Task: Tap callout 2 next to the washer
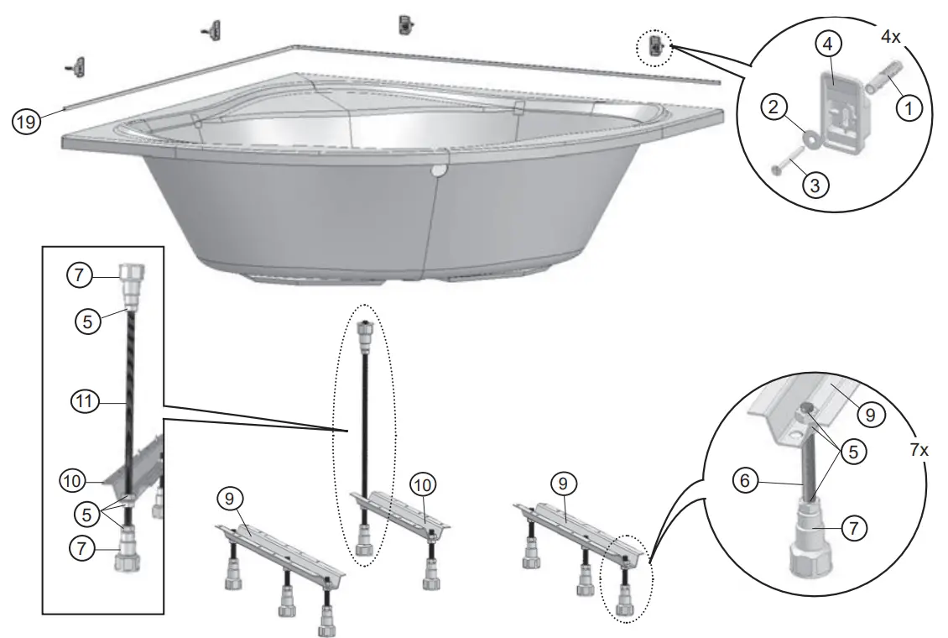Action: coord(773,107)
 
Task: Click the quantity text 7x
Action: coord(919,449)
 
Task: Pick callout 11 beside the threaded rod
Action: coord(81,404)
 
